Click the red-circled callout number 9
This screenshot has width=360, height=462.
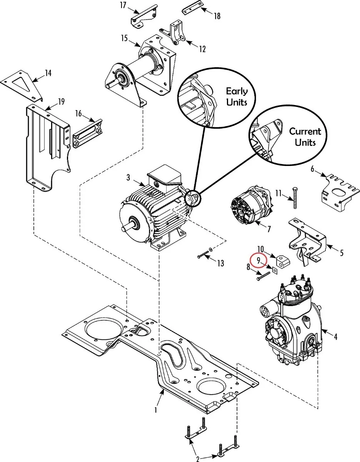pyautogui.click(x=258, y=260)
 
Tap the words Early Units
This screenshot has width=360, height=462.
pyautogui.click(x=237, y=97)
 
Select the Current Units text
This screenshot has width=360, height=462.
pyautogui.click(x=305, y=137)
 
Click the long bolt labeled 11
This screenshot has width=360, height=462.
pyautogui.click(x=295, y=198)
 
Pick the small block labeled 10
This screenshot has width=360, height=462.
pyautogui.click(x=283, y=261)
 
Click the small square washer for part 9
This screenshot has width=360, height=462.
pyautogui.click(x=275, y=270)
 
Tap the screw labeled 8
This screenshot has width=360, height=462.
pyautogui.click(x=263, y=276)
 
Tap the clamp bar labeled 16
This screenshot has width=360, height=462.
pyautogui.click(x=88, y=133)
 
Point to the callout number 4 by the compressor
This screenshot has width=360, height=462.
pyautogui.click(x=335, y=336)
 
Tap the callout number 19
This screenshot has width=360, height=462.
pyautogui.click(x=61, y=102)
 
